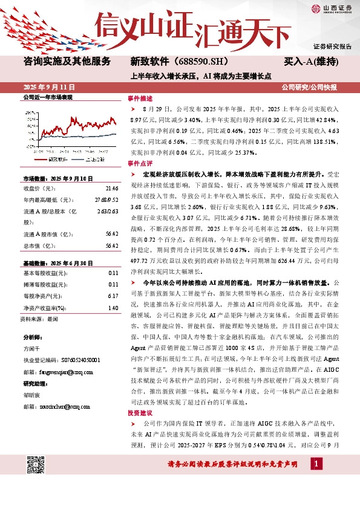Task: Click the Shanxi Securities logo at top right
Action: pyautogui.click(x=332, y=8)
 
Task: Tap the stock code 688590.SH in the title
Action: pyautogui.click(x=194, y=62)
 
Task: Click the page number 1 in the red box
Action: pyautogui.click(x=316, y=463)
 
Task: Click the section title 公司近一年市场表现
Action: pyautogui.click(x=48, y=97)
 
